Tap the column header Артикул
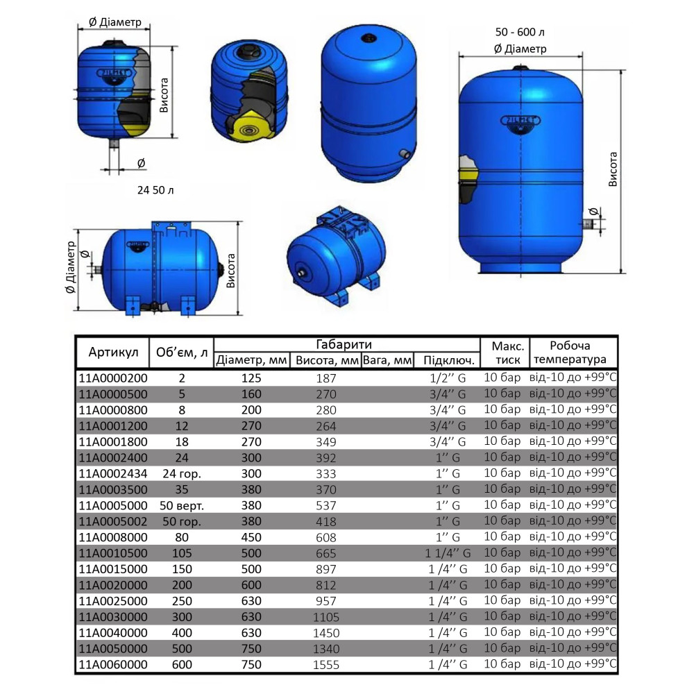(113, 352)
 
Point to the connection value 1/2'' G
(448, 378)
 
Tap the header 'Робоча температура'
(573, 353)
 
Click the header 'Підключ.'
(448, 360)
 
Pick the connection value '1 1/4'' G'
(448, 553)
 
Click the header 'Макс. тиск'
(505, 353)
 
